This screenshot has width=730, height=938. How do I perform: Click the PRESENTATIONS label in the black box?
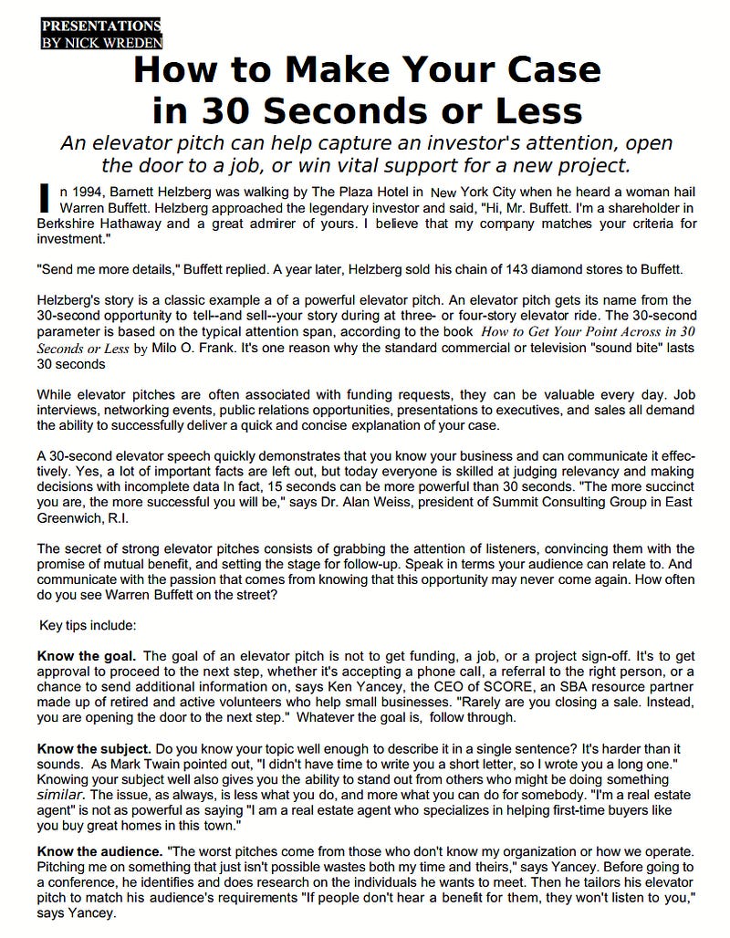[x=100, y=26]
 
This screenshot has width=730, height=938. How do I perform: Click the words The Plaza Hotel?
[x=363, y=192]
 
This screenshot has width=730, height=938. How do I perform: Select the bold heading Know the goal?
[x=87, y=655]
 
